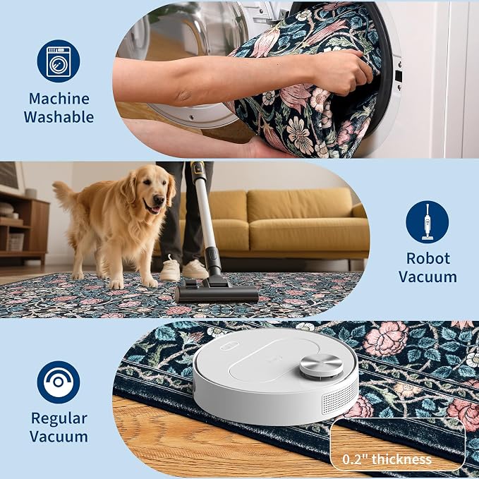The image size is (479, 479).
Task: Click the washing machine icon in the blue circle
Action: pyautogui.click(x=59, y=62)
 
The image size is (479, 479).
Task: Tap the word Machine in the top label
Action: pyautogui.click(x=59, y=99)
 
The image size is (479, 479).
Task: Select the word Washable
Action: pyautogui.click(x=59, y=117)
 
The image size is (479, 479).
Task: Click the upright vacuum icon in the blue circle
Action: pyautogui.click(x=428, y=222)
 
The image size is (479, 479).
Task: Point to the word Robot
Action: pyautogui.click(x=428, y=258)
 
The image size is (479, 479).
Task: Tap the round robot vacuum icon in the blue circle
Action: pyautogui.click(x=59, y=382)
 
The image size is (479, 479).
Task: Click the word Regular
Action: pyautogui.click(x=59, y=419)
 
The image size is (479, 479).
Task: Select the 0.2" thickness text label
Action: pyautogui.click(x=387, y=459)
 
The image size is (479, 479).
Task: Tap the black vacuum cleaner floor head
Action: pyautogui.click(x=217, y=293)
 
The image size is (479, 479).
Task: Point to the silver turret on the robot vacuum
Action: pyautogui.click(x=321, y=365)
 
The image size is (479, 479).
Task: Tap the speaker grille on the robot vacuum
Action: pyautogui.click(x=340, y=398)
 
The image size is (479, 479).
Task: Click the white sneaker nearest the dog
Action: pyautogui.click(x=170, y=269)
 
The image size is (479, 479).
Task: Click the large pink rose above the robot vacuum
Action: pyautogui.click(x=386, y=339)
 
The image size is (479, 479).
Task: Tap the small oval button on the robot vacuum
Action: pyautogui.click(x=230, y=346)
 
